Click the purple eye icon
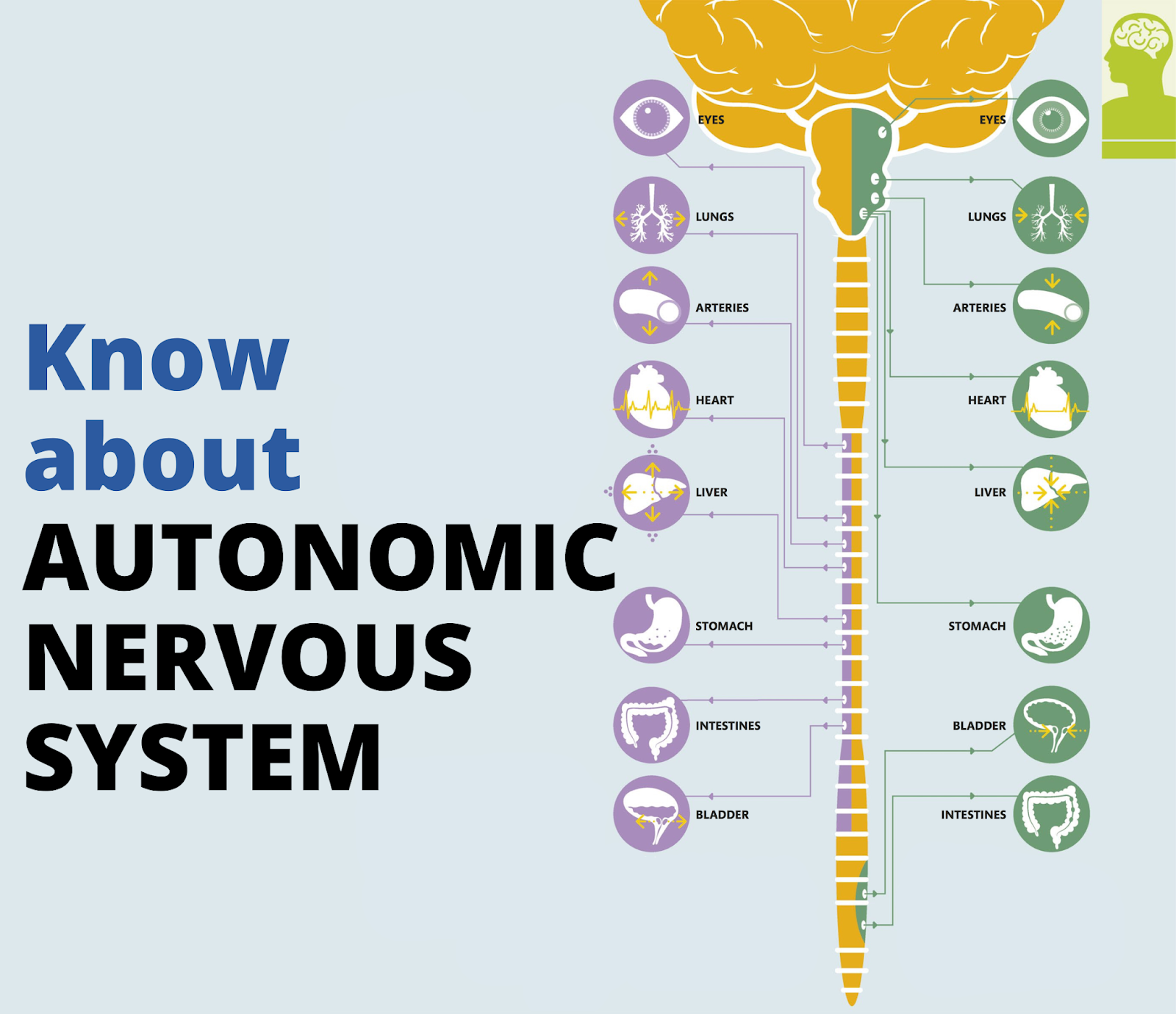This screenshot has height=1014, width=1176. click(651, 118)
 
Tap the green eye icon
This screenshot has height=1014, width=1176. click(1050, 118)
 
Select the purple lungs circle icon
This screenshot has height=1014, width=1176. click(651, 216)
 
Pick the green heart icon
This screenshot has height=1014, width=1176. click(1050, 400)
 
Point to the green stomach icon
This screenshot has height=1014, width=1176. click(1050, 625)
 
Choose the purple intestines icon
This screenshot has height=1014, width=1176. click(651, 725)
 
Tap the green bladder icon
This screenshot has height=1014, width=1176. click(1050, 725)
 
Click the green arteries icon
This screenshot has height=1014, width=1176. click(1050, 306)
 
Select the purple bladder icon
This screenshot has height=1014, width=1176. click(651, 814)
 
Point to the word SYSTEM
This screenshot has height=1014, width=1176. click(203, 756)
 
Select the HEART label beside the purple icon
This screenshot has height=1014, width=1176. click(714, 400)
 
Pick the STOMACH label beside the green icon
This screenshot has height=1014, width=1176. click(976, 626)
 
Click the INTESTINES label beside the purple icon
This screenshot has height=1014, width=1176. click(728, 726)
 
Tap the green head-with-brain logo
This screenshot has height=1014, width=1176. click(1138, 79)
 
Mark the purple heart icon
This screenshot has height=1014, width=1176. click(651, 400)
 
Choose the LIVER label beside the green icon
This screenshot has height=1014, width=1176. click(989, 492)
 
